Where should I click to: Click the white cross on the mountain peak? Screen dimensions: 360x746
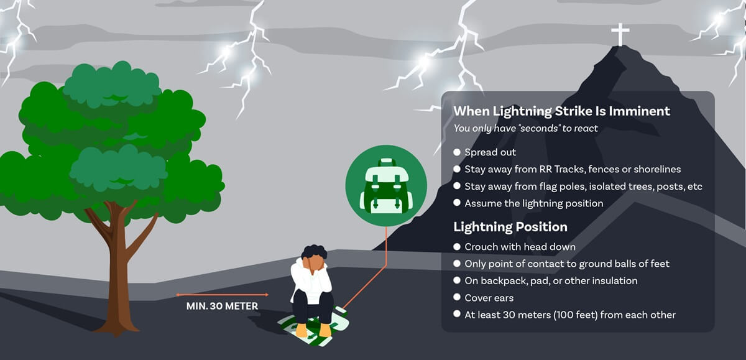620,34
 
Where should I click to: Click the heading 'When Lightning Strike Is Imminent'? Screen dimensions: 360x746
561,111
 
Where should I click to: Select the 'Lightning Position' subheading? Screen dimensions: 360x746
510,226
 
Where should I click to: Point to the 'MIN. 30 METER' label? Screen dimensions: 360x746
222,306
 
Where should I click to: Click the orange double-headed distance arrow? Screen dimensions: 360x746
222,294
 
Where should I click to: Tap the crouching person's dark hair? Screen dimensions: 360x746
314,254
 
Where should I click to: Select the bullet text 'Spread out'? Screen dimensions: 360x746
490,152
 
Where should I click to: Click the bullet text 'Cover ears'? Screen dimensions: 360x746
489,298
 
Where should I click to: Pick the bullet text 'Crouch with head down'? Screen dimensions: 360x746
520,247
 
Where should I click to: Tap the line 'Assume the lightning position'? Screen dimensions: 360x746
533,203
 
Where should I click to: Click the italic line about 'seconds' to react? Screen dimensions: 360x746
525,129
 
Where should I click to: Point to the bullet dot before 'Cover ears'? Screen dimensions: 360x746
457,297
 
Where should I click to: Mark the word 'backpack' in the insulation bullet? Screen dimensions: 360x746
502,281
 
